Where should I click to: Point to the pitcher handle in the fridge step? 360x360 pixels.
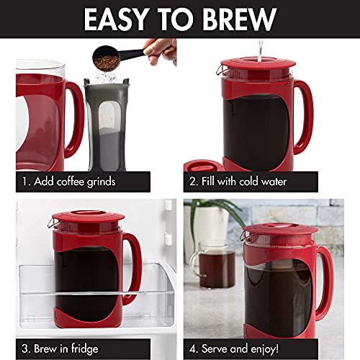point(132,266)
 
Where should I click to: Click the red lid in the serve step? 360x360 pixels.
point(270,232)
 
